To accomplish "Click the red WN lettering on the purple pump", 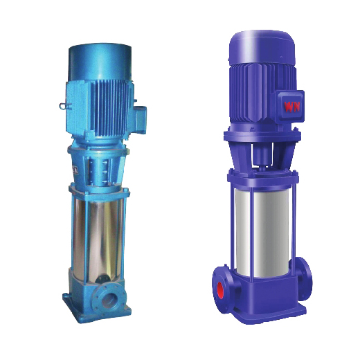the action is [x=291, y=107].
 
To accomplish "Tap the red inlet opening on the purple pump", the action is [x=220, y=290].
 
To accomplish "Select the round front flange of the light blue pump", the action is [x=109, y=300].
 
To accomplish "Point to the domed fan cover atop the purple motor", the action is [x=262, y=47].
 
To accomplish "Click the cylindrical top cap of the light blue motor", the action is [x=100, y=62].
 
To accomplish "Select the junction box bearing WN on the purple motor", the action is [x=289, y=106].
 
